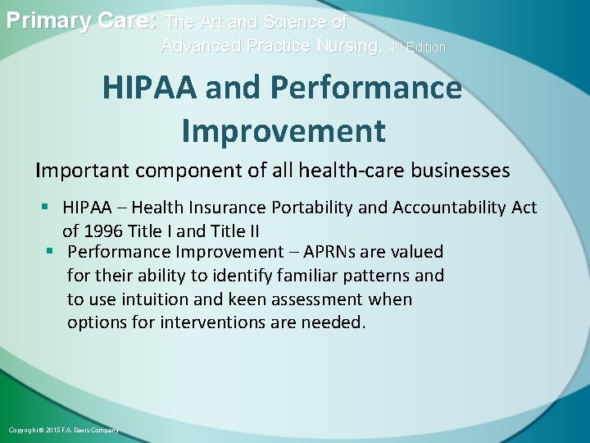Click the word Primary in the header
pyautogui.click(x=48, y=21)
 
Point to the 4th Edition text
pyautogui.click(x=417, y=47)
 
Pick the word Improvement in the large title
pyautogui.click(x=283, y=130)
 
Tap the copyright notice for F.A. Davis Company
pyautogui.click(x=63, y=430)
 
